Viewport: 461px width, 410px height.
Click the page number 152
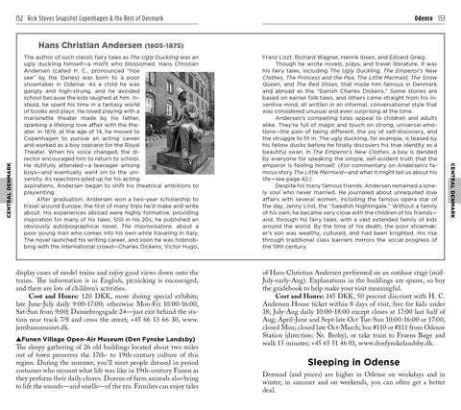coord(11,10)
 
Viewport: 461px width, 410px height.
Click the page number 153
coord(449,10)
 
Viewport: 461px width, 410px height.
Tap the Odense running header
coord(420,10)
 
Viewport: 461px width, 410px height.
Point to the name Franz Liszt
coord(257,60)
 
